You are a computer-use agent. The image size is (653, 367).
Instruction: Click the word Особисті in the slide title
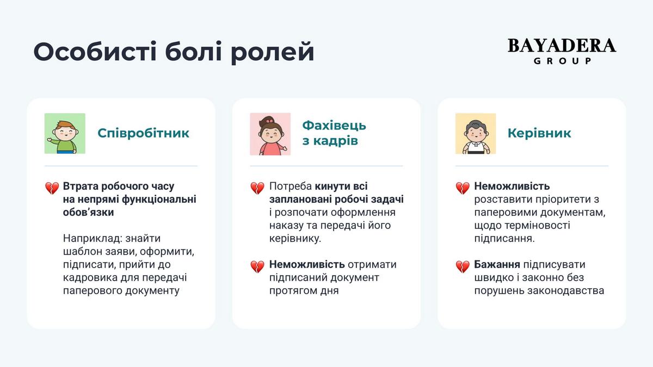tap(95, 52)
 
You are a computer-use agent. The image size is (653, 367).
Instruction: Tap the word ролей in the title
tap(273, 54)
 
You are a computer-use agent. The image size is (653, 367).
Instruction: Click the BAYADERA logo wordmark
tap(562, 46)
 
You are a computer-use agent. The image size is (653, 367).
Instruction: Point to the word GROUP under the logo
tap(562, 60)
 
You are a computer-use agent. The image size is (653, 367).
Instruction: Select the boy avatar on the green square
tap(65, 133)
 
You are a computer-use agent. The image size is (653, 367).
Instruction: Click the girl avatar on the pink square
tap(270, 134)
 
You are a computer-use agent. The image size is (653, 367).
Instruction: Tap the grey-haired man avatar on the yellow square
tap(476, 133)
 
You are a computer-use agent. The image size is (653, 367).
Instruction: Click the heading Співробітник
tap(143, 133)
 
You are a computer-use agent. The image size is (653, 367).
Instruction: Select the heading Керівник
tap(539, 133)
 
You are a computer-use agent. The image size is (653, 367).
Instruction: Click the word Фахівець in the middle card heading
tap(334, 126)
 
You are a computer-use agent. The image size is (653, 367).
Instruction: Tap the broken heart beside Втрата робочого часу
tap(52, 188)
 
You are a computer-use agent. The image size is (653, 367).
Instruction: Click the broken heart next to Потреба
tap(257, 188)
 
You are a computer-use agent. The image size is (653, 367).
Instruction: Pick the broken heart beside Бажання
tap(463, 266)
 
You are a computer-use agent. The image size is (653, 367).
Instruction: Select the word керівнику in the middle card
tap(295, 239)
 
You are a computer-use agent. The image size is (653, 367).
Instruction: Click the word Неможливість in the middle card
tap(307, 264)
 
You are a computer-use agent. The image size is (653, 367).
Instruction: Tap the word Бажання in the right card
tap(497, 264)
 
